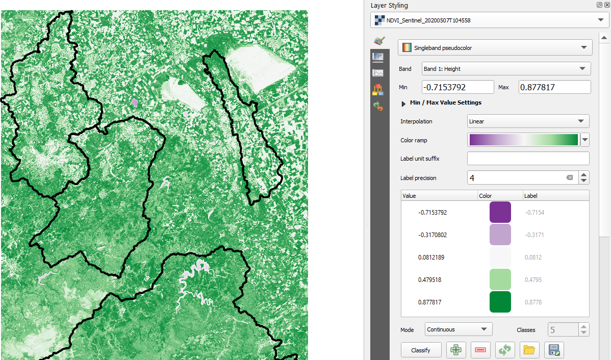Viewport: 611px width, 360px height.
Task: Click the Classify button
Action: (x=421, y=350)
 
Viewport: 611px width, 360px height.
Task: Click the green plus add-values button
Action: (x=456, y=350)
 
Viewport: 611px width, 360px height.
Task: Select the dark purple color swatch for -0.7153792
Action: (x=500, y=212)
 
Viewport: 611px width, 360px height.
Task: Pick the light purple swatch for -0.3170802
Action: (x=500, y=235)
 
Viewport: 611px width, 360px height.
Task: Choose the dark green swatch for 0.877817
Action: (x=500, y=302)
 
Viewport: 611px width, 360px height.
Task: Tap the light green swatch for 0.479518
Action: (x=500, y=279)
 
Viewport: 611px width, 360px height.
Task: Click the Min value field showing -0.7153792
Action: (x=457, y=87)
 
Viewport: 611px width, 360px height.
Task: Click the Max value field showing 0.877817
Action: (x=554, y=87)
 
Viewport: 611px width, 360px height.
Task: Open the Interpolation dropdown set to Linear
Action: (x=528, y=121)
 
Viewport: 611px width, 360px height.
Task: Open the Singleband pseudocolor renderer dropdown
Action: (x=495, y=47)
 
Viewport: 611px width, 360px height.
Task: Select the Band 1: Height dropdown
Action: (x=506, y=69)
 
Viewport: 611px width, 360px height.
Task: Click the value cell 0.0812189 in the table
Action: (x=431, y=257)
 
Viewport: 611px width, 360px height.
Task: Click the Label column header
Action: (x=531, y=195)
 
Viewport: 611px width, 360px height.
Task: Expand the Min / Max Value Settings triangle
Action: (x=403, y=103)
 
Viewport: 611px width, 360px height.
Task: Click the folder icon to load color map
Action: (x=529, y=350)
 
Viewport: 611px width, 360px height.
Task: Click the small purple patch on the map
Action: (x=135, y=102)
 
